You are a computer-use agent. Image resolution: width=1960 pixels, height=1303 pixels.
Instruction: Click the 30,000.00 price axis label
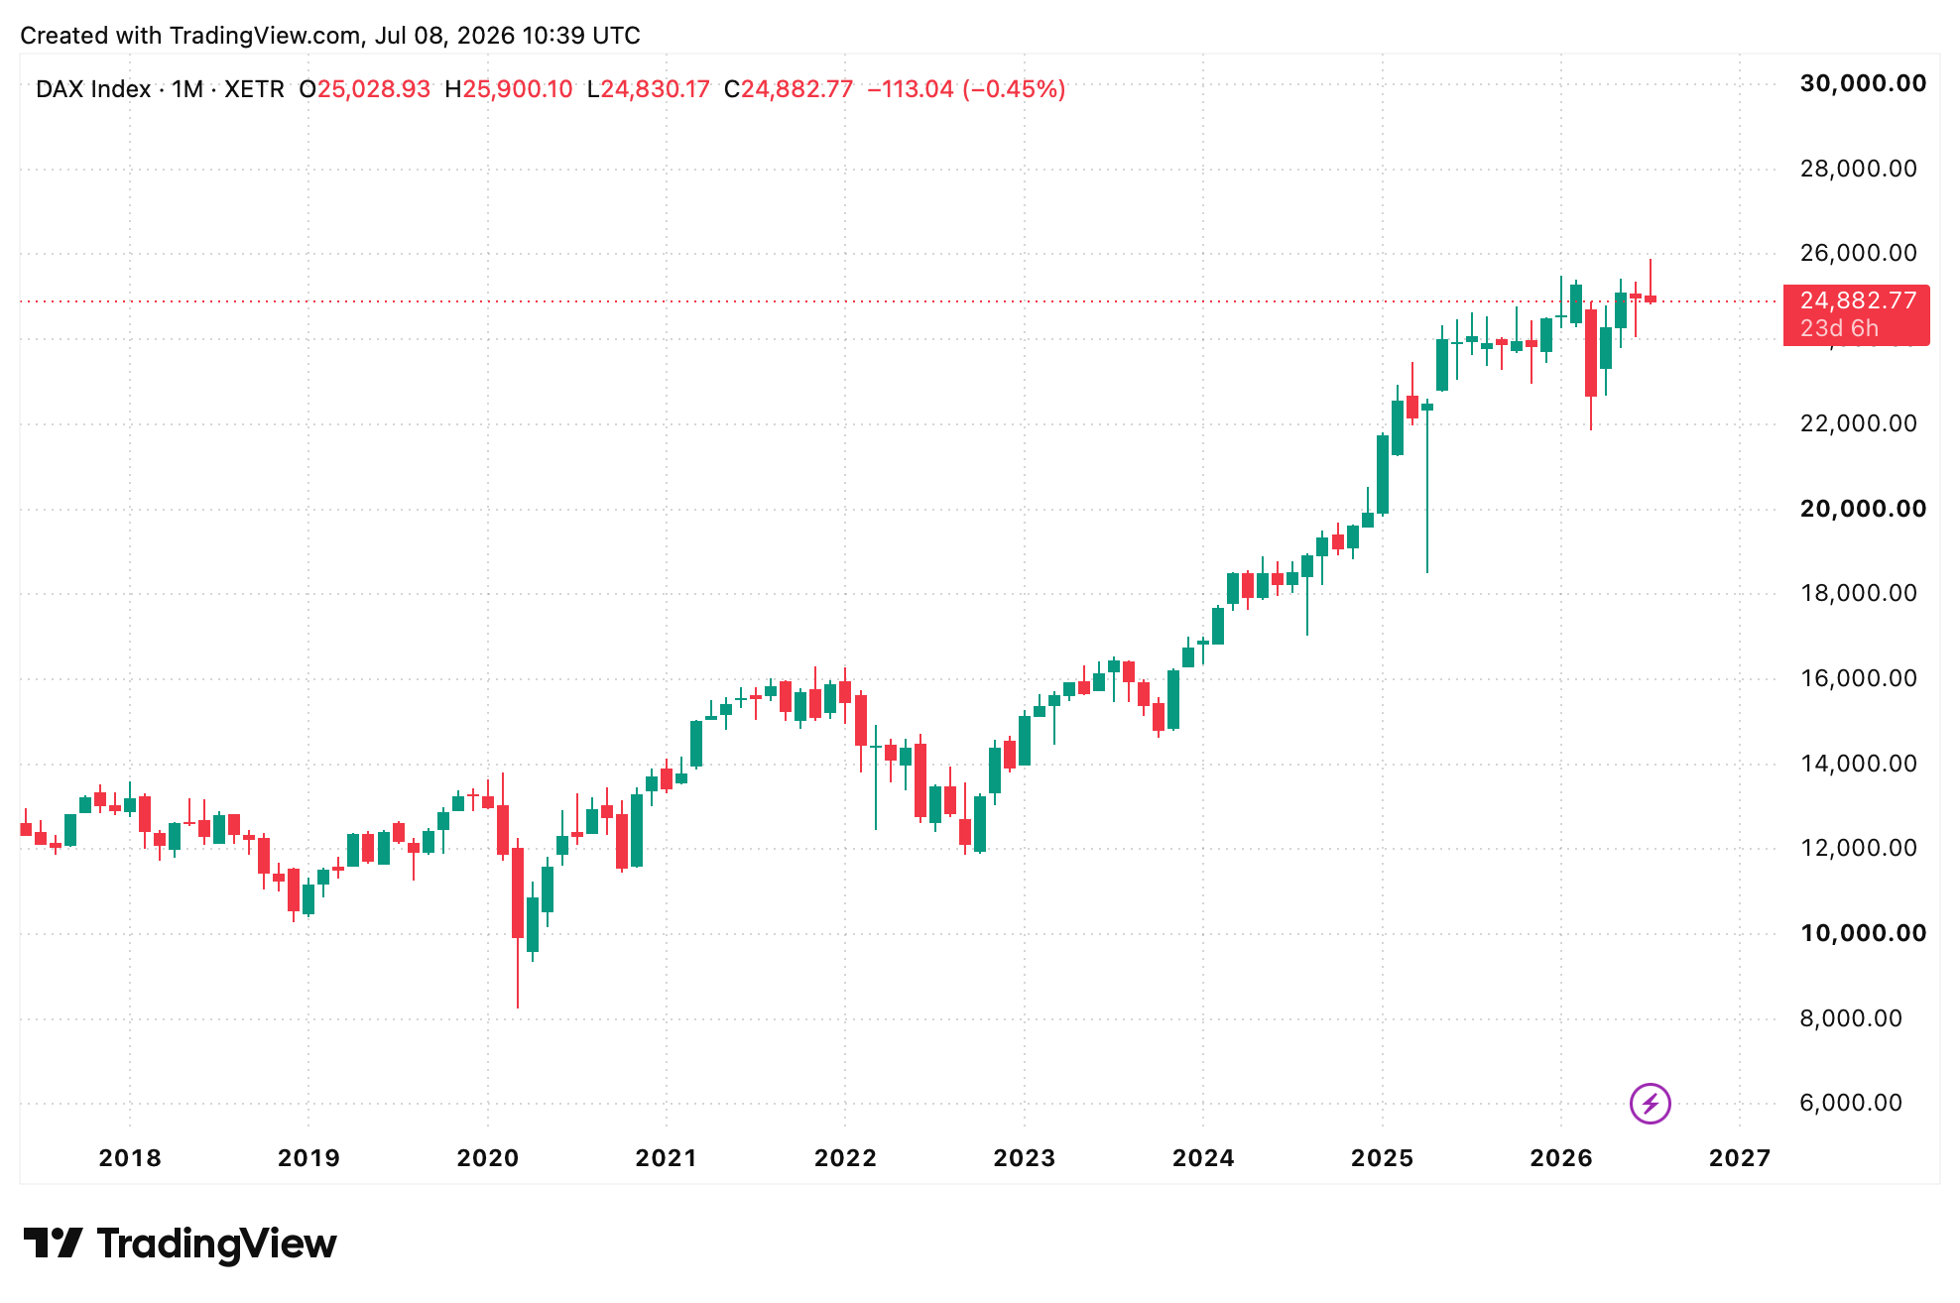1863,84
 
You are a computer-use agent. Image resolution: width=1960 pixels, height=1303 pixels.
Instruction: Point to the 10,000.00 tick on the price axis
1863,933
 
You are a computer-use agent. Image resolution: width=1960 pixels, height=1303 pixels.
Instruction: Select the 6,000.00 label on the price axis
1851,1103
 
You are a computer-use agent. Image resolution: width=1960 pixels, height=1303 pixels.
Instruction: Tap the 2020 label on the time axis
487,1158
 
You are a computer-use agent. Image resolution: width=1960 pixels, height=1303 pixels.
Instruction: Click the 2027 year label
1740,1158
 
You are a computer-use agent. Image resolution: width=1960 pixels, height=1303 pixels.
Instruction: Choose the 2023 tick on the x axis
1024,1158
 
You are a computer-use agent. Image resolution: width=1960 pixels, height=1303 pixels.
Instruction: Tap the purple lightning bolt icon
1651,1103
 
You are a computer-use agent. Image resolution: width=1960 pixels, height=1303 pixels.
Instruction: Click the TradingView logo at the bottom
181,1244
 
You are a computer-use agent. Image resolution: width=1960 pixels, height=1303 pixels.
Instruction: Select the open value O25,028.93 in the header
365,89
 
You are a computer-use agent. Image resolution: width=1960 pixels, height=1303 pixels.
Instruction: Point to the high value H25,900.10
509,89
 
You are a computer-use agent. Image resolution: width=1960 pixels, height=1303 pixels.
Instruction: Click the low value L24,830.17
649,89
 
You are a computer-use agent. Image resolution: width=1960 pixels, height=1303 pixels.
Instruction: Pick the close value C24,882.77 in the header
789,89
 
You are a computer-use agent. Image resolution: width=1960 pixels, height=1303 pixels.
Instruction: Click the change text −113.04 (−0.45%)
966,89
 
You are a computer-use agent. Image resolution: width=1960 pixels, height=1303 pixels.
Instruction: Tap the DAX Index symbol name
93,89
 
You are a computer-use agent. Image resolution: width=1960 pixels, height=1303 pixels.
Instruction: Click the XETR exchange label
254,89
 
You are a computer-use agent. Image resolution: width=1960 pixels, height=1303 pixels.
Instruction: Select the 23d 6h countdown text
1839,328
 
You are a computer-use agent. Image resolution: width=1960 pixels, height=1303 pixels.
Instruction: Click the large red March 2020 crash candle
518,893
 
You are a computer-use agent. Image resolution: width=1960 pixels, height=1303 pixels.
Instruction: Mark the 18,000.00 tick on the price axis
1858,593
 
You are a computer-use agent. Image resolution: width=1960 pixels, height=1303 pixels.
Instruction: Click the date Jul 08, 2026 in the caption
444,36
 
